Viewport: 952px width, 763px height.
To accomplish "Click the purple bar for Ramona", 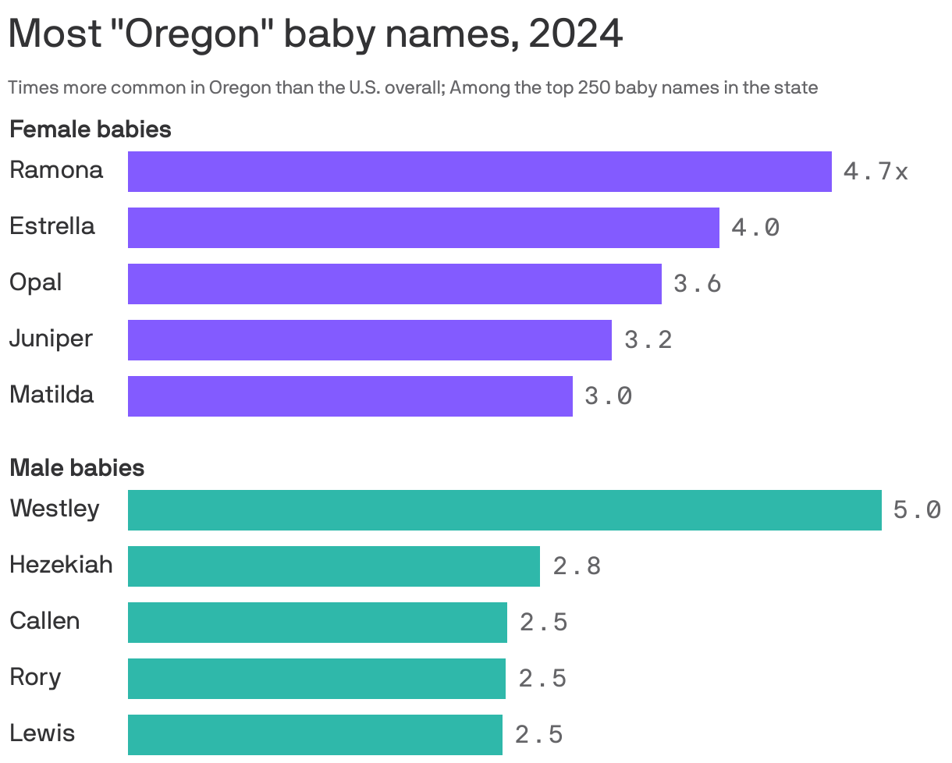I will click(479, 172).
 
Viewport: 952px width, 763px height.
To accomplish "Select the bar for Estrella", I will click(423, 228).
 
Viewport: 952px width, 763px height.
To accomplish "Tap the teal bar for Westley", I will click(504, 510).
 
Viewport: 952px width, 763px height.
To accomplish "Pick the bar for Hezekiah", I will click(333, 566).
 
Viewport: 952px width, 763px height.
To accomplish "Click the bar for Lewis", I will click(314, 735).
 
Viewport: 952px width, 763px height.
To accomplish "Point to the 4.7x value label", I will click(876, 172).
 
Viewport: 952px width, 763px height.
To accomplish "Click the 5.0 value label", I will click(917, 510).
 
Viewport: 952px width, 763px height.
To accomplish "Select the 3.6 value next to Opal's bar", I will click(697, 284).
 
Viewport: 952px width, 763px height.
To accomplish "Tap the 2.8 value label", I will click(577, 566).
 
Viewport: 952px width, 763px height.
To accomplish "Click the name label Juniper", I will click(51, 339).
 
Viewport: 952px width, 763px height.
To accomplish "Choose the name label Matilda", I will click(52, 395).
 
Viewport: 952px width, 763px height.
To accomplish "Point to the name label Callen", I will click(44, 622).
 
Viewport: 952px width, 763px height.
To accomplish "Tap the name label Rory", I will click(34, 677).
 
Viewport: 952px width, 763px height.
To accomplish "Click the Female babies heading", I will click(90, 130).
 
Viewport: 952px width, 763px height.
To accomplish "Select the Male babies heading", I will click(76, 468).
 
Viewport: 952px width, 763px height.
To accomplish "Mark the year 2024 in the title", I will click(575, 34).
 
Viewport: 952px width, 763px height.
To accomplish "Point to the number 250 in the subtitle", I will click(594, 87).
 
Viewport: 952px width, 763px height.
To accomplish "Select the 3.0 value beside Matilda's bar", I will click(608, 396).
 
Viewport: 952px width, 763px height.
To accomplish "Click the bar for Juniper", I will click(369, 340).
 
